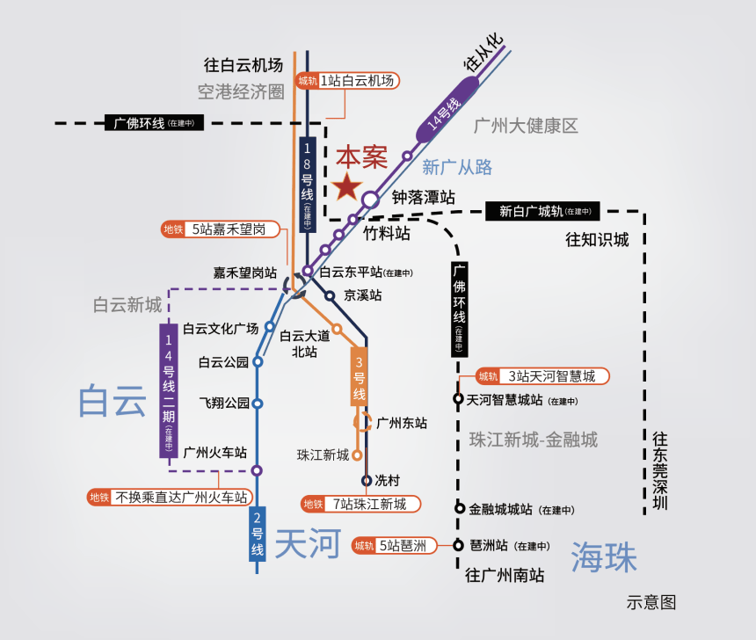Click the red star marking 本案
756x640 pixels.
(347, 186)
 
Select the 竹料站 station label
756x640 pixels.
(387, 234)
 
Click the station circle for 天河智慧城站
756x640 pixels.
(459, 399)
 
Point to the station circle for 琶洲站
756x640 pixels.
(459, 545)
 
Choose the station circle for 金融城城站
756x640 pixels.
(459, 508)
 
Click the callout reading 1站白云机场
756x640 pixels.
(349, 81)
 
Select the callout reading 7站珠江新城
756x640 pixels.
(360, 505)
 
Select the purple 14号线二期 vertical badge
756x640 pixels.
(169, 390)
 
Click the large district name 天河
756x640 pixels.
(307, 544)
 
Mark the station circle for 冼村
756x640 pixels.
(367, 481)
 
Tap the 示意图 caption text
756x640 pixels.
(651, 602)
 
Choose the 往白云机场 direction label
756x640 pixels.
(244, 65)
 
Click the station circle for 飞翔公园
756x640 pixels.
(258, 404)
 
